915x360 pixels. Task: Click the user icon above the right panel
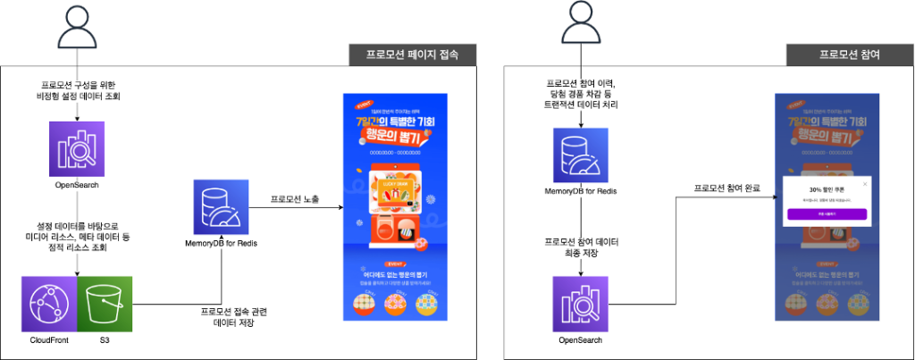(x=577, y=26)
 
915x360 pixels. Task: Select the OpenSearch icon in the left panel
(x=78, y=149)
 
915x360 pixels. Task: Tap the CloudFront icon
(x=49, y=303)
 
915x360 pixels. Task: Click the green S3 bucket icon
(x=105, y=303)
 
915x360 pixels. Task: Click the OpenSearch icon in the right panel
(x=582, y=303)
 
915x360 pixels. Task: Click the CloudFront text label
(x=49, y=341)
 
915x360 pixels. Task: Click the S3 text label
(x=105, y=341)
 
